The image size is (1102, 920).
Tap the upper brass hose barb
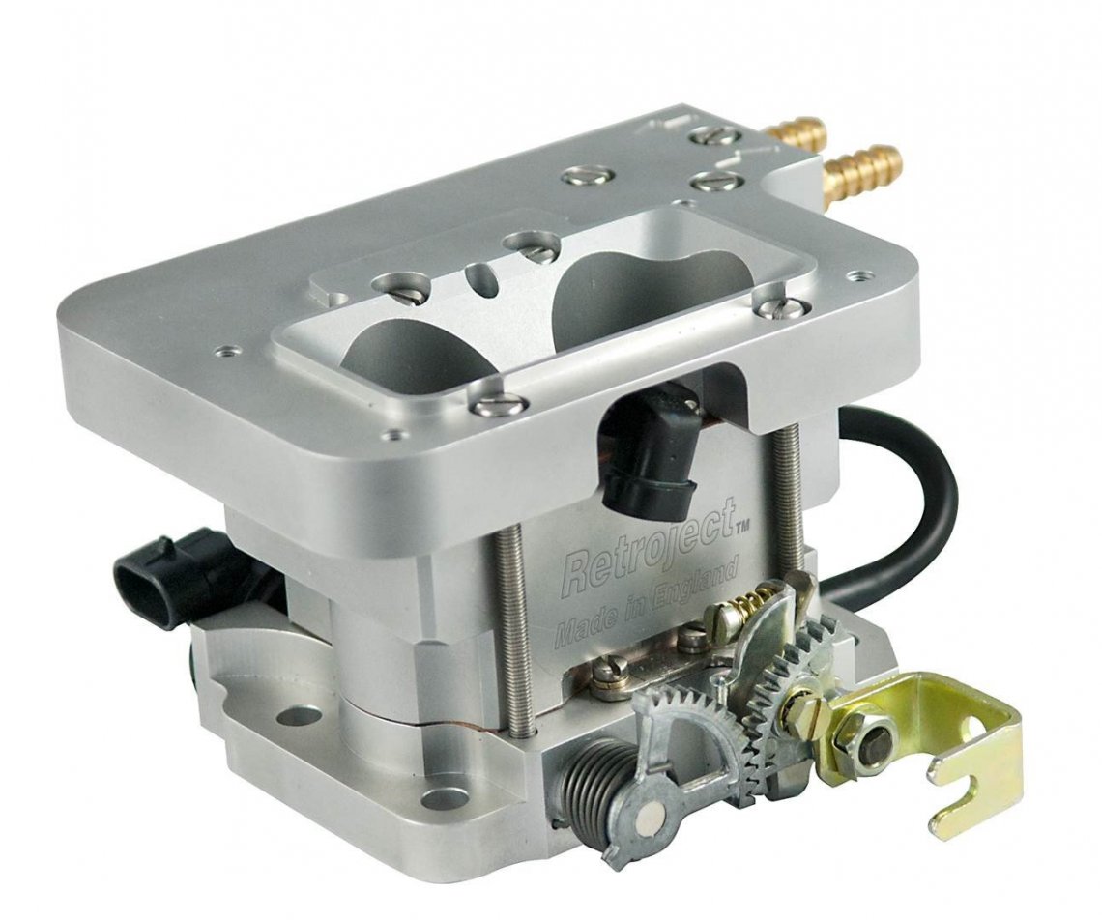click(797, 129)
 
